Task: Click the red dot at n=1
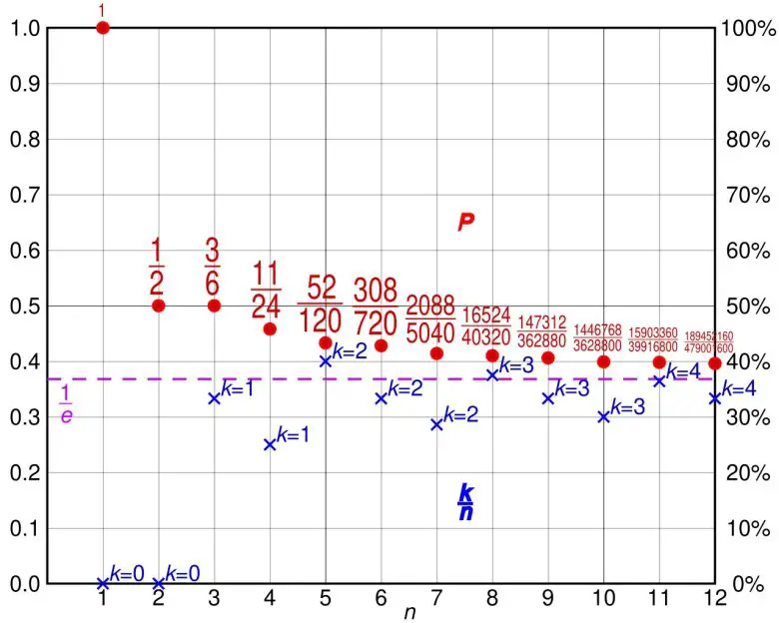click(102, 27)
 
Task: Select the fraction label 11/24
click(267, 290)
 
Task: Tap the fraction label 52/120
click(320, 304)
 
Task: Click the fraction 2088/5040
click(430, 318)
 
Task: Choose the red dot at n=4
click(270, 328)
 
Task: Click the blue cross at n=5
click(326, 360)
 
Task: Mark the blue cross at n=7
click(436, 424)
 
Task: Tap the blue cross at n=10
click(603, 416)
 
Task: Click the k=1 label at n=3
click(238, 387)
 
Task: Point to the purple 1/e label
click(66, 402)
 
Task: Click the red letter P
click(464, 223)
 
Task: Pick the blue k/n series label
click(465, 502)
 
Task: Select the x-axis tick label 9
click(547, 599)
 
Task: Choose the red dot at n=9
click(547, 357)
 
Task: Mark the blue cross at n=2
click(158, 583)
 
